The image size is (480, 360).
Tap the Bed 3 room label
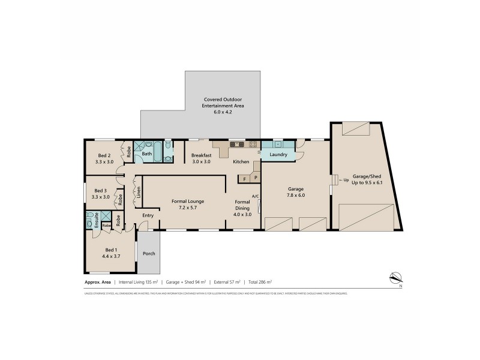pyautogui.click(x=101, y=190)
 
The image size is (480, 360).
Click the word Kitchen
pyautogui.click(x=241, y=162)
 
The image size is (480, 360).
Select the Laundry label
pyautogui.click(x=278, y=155)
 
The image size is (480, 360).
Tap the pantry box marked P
pyautogui.click(x=255, y=178)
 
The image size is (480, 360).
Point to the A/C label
pyautogui.click(x=255, y=196)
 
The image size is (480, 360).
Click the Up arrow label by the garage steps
pyautogui.click(x=344, y=179)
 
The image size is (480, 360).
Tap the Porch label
pyautogui.click(x=149, y=254)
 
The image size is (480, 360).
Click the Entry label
pyautogui.click(x=148, y=215)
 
